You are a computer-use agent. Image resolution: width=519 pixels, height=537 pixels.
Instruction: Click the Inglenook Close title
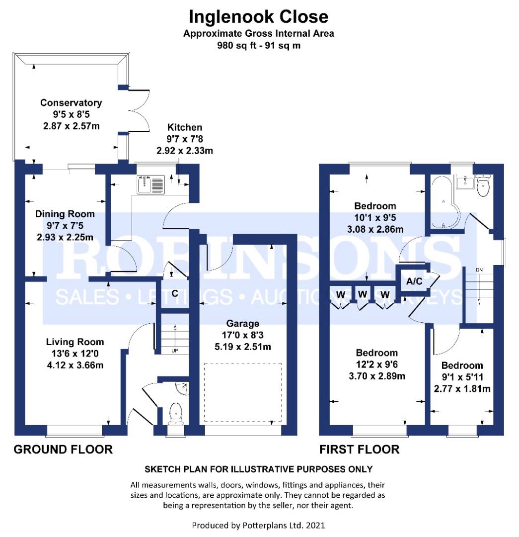coord(259,17)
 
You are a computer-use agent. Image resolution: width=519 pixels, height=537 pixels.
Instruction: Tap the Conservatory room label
coord(71,103)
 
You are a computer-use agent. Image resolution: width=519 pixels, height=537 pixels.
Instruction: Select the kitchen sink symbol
coord(150,184)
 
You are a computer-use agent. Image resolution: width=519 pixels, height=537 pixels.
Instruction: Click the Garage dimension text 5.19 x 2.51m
coord(242,347)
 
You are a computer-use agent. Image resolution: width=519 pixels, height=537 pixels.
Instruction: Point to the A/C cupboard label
coord(414,281)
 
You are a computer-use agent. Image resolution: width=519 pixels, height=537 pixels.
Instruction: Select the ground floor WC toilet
coord(176,414)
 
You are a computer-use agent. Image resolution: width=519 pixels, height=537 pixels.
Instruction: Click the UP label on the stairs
coord(174,351)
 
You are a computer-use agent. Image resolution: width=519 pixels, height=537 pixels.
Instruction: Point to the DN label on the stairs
coord(479,270)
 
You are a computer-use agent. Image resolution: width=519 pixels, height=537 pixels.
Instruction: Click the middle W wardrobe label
coord(363,294)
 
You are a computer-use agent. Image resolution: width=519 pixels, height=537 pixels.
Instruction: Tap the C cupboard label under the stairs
coord(175,293)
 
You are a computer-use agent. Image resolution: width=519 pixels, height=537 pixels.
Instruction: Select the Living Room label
coord(75,342)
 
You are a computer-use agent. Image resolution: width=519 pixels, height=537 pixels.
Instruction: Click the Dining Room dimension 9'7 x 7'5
coord(65,226)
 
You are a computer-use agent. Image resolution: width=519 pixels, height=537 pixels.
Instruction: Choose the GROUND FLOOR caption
coord(63,449)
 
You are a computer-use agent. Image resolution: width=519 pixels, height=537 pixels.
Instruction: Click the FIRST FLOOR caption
coord(359,449)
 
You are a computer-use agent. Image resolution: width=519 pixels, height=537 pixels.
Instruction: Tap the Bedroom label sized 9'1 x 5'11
coord(462,365)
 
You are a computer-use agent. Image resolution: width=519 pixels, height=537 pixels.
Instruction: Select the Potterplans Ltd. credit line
coord(258,526)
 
